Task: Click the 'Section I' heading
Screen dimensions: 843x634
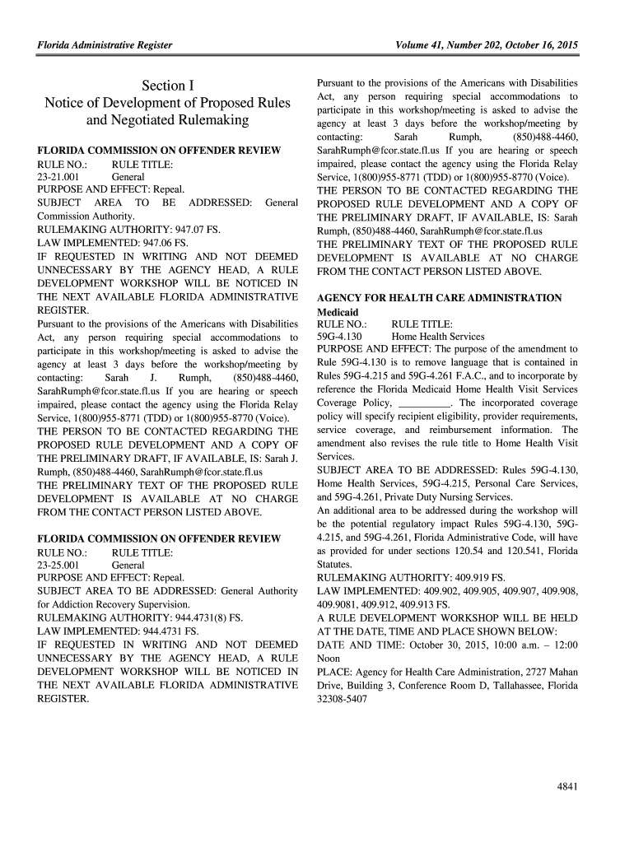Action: pos(167,86)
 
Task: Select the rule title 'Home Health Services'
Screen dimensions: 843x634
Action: pos(438,337)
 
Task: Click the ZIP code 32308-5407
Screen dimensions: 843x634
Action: pos(342,698)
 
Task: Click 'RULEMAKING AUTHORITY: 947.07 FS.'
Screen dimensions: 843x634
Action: pos(128,231)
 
